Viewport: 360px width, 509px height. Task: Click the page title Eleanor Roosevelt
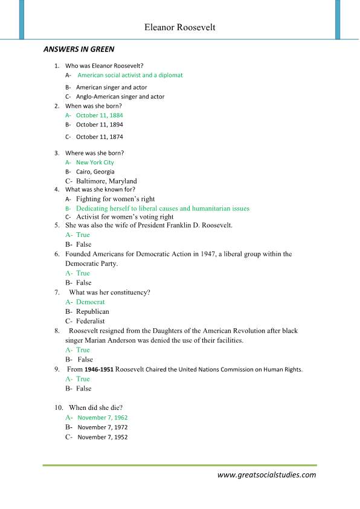179,27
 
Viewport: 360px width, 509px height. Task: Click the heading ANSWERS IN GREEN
79,49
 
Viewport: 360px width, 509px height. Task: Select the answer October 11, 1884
99,115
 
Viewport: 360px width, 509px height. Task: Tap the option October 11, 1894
99,125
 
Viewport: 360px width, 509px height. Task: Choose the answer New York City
95,162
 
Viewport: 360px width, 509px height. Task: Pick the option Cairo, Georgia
95,171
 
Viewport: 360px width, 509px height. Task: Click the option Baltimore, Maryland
106,181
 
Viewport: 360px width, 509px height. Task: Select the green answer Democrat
90,302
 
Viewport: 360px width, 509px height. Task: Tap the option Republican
92,311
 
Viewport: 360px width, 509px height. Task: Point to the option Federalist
90,321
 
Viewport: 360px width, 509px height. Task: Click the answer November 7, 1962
102,417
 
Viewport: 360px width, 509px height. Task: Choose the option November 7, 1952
102,436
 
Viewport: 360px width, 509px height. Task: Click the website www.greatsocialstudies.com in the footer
266,475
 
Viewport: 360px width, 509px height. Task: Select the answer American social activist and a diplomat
130,75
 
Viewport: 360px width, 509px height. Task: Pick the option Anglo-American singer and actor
120,96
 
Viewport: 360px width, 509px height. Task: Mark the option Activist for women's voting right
124,216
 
